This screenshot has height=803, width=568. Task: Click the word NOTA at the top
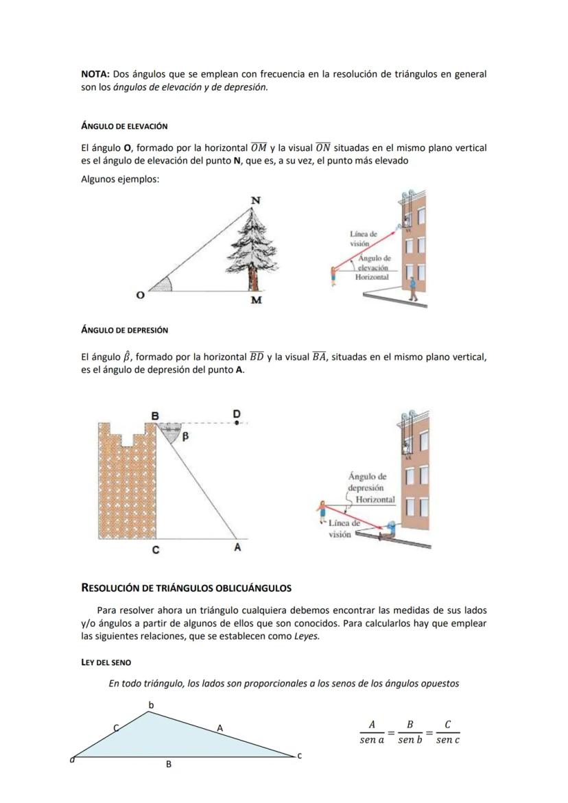coord(95,74)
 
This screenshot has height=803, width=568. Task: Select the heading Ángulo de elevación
coord(124,127)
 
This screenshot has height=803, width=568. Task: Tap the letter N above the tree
coord(255,200)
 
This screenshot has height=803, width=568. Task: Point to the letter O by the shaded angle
coord(140,295)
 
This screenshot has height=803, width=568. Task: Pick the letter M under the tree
coord(256,300)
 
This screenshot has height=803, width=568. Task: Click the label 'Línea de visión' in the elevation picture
coord(363,239)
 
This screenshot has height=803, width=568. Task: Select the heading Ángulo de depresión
coord(124,331)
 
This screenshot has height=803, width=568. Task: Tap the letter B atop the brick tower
coord(155,416)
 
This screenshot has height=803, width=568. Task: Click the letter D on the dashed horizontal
coord(237,414)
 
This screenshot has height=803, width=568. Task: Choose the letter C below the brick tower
coord(156,549)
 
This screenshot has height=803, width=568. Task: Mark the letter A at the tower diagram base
coord(237,548)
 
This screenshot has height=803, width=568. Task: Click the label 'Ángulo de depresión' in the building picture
coord(367,481)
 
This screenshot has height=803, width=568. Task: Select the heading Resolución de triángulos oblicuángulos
coord(186,588)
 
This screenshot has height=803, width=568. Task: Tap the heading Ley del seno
coord(106,662)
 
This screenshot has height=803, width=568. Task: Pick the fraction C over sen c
coord(447,732)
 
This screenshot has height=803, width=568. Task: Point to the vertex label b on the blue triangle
coord(152,705)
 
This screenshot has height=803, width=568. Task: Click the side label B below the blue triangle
coord(169,764)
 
